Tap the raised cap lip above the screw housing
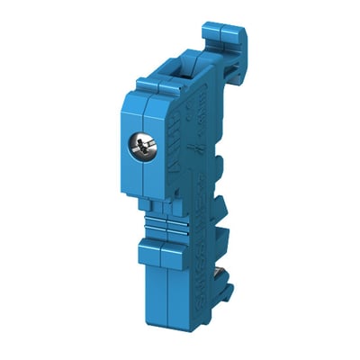point(157,82)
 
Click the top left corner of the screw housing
point(138,91)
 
